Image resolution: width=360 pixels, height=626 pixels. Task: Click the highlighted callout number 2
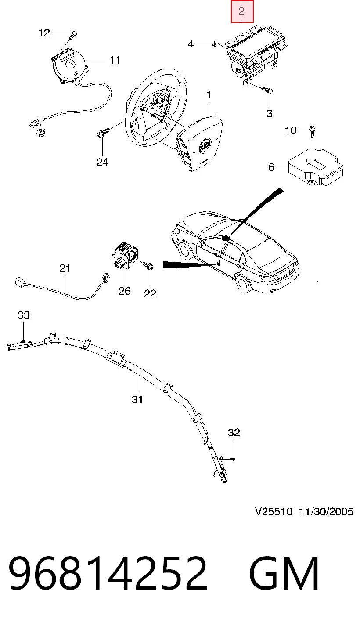pyautogui.click(x=241, y=11)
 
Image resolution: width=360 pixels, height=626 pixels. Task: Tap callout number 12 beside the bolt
pyautogui.click(x=44, y=33)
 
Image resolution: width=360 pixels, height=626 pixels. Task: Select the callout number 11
pyautogui.click(x=115, y=60)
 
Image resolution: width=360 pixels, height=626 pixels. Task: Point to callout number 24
pyautogui.click(x=102, y=163)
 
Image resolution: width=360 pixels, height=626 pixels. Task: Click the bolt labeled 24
pyautogui.click(x=103, y=133)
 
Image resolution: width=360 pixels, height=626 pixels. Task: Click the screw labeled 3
pyautogui.click(x=267, y=90)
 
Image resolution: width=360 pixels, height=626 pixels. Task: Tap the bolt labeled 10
pyautogui.click(x=312, y=131)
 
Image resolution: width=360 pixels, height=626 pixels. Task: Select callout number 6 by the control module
pyautogui.click(x=271, y=167)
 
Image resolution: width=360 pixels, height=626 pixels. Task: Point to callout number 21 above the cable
pyautogui.click(x=65, y=268)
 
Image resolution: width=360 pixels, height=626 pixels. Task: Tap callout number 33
pyautogui.click(x=23, y=315)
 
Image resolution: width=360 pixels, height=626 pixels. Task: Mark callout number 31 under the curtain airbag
pyautogui.click(x=137, y=400)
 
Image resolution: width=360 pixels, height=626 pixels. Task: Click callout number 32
pyautogui.click(x=234, y=433)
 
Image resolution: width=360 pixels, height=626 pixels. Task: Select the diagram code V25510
pyautogui.click(x=274, y=512)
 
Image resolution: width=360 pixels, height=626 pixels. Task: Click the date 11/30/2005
pyautogui.click(x=326, y=512)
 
